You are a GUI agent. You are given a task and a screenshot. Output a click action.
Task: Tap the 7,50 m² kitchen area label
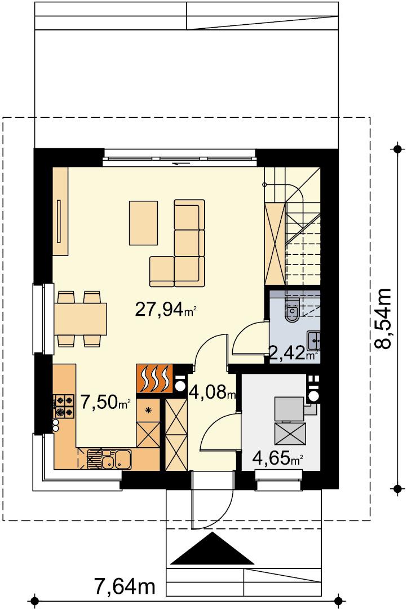click(105, 401)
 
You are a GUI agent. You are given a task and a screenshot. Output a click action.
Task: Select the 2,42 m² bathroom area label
click(294, 354)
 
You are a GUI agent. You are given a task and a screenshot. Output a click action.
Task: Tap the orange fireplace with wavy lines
click(154, 378)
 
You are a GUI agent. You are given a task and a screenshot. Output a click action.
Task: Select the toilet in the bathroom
click(291, 310)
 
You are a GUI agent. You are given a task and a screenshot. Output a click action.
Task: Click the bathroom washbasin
click(313, 341)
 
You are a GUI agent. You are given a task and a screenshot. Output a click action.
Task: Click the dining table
click(81, 319)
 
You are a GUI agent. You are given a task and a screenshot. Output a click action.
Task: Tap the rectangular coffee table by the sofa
click(143, 223)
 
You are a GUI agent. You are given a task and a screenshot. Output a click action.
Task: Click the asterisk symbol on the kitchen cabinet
click(148, 409)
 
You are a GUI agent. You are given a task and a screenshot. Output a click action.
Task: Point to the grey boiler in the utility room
click(289, 409)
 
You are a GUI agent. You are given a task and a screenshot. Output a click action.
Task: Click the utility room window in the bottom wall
click(279, 480)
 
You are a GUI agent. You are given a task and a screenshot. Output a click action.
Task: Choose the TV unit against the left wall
click(60, 211)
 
